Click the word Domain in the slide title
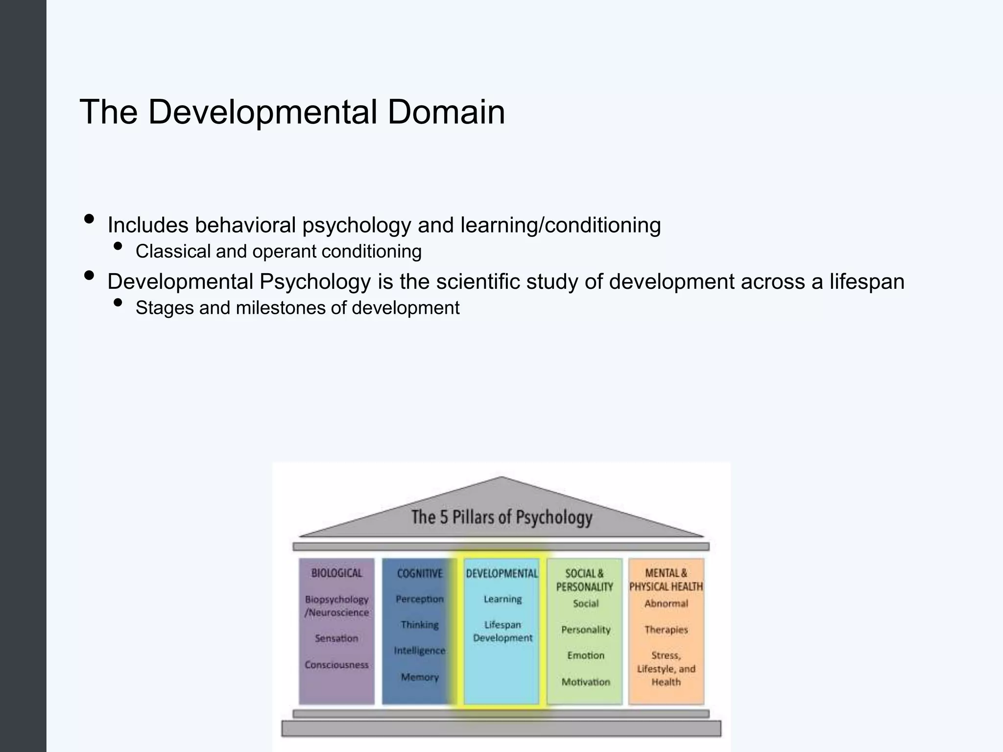(x=446, y=112)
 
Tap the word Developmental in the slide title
(x=262, y=112)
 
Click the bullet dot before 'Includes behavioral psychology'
(x=89, y=219)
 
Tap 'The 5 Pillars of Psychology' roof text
(x=501, y=517)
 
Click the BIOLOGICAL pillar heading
(x=336, y=573)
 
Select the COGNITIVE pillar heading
(x=419, y=573)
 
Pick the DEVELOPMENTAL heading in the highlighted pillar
(x=501, y=573)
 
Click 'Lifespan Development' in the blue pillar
(x=502, y=631)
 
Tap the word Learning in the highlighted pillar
(x=502, y=599)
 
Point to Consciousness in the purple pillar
(x=336, y=665)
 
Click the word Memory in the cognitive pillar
(x=420, y=677)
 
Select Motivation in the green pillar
(x=586, y=682)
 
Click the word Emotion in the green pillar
(x=586, y=656)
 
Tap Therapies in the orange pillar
(x=666, y=630)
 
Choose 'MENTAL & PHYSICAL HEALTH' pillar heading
(x=666, y=580)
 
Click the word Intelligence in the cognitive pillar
(x=420, y=651)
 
